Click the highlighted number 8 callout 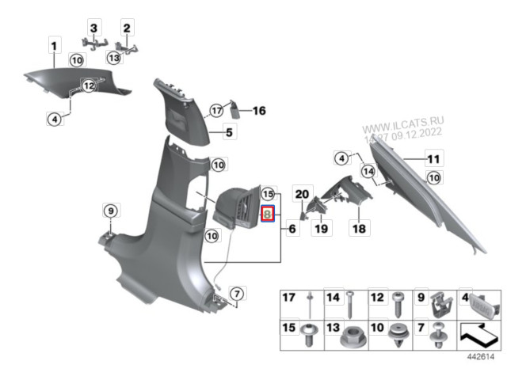[268, 214]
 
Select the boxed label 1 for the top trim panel [55, 46]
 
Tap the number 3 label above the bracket [93, 28]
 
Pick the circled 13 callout [114, 58]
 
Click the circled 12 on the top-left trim [89, 85]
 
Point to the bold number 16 [259, 111]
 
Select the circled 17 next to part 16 [216, 111]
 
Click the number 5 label [229, 132]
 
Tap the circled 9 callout [111, 211]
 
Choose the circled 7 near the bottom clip [237, 294]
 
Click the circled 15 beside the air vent [268, 194]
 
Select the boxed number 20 [302, 194]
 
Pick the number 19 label [321, 229]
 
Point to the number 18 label [359, 229]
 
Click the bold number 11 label [433, 159]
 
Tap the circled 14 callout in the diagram [368, 171]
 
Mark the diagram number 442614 [481, 357]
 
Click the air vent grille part [238, 207]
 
